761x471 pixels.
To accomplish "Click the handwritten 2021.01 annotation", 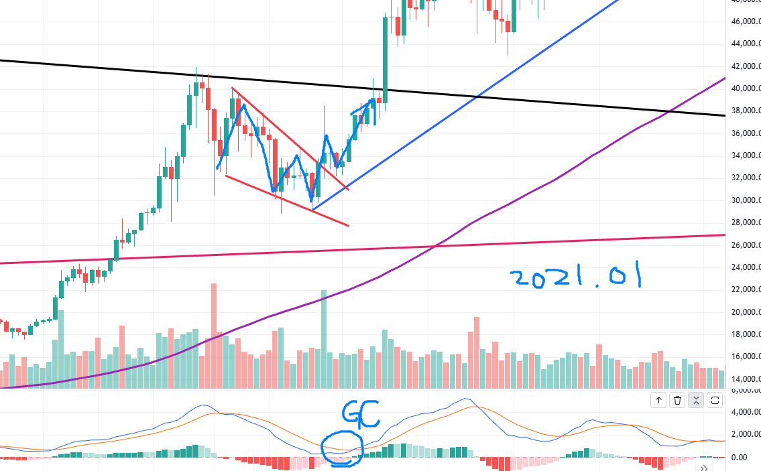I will coord(575,277).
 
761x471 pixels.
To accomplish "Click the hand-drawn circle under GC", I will coord(341,448).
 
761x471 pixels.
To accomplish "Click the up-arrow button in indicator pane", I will coord(658,400).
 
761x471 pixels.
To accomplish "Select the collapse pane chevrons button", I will coord(696,400).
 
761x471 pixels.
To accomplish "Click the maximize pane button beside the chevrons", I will coord(715,400).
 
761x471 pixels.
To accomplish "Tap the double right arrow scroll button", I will coord(704,468).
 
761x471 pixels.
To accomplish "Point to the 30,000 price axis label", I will coord(746,200).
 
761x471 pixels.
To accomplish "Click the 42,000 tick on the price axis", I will coord(746,66).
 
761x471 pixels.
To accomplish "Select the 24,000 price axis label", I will coord(746,267).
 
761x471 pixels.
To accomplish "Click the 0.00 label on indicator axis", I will coord(740,457).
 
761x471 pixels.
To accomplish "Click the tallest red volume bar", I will coord(214,335).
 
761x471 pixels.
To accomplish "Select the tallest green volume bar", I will coord(324,338).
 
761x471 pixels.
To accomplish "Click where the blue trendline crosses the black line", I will coord(476,98).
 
